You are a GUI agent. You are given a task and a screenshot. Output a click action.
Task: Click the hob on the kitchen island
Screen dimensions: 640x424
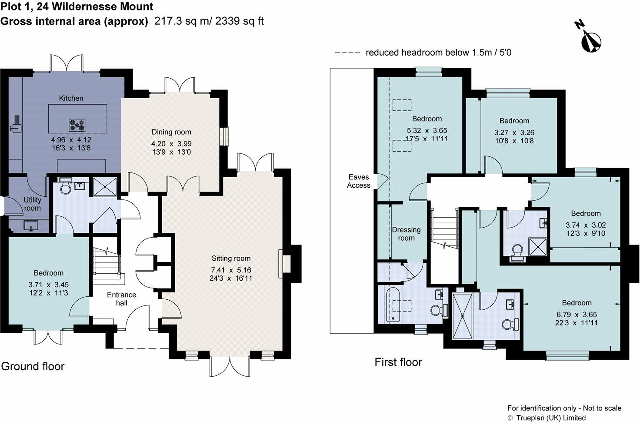77,125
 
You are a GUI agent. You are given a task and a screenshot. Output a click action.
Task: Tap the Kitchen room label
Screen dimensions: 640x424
71,98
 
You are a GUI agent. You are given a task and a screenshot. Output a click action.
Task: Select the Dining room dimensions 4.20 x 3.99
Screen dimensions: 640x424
171,144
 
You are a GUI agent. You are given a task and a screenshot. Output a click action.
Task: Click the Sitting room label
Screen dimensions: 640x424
231,258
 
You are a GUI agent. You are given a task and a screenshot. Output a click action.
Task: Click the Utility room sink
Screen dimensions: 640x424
31,226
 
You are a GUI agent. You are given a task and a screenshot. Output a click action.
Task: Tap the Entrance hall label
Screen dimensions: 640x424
121,298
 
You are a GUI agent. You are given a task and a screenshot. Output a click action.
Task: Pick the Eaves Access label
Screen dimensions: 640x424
359,181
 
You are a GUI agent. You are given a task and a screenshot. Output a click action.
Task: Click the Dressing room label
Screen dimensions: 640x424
406,234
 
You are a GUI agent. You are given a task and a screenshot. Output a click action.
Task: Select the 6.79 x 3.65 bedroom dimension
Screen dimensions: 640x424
577,315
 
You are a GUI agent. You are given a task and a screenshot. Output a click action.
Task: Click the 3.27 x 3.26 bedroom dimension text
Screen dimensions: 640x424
514,133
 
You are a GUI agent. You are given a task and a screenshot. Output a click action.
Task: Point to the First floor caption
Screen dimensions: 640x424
398,362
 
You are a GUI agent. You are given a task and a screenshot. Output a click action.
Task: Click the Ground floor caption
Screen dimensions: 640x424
33,366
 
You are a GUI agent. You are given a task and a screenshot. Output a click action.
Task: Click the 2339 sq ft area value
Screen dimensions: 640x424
240,21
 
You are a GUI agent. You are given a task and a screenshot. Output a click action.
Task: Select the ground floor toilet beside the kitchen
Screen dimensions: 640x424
65,187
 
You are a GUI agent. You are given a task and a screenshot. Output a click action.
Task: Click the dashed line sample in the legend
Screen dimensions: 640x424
347,53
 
